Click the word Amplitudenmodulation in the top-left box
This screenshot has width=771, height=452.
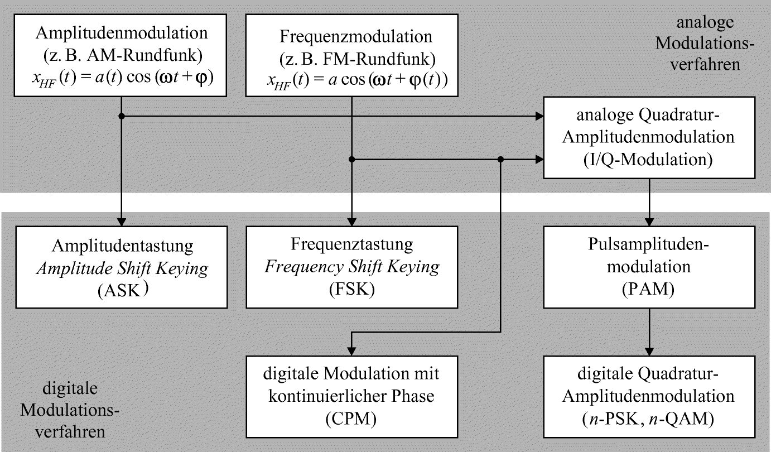click(x=121, y=33)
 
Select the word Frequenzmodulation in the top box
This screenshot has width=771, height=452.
click(x=355, y=37)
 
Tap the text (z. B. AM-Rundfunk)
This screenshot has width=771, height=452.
click(x=121, y=56)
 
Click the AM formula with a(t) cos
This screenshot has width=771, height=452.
click(x=121, y=80)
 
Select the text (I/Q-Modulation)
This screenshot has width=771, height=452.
click(x=649, y=160)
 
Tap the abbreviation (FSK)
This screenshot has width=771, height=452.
click(x=352, y=288)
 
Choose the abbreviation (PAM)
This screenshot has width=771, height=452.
click(x=649, y=288)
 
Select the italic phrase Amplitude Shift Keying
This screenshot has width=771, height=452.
click(x=121, y=268)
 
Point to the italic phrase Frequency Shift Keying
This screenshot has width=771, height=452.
click(x=352, y=267)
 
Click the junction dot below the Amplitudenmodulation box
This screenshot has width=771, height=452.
click(x=121, y=116)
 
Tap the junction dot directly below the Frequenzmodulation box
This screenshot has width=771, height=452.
click(x=351, y=160)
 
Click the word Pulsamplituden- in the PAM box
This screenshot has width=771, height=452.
click(x=649, y=246)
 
